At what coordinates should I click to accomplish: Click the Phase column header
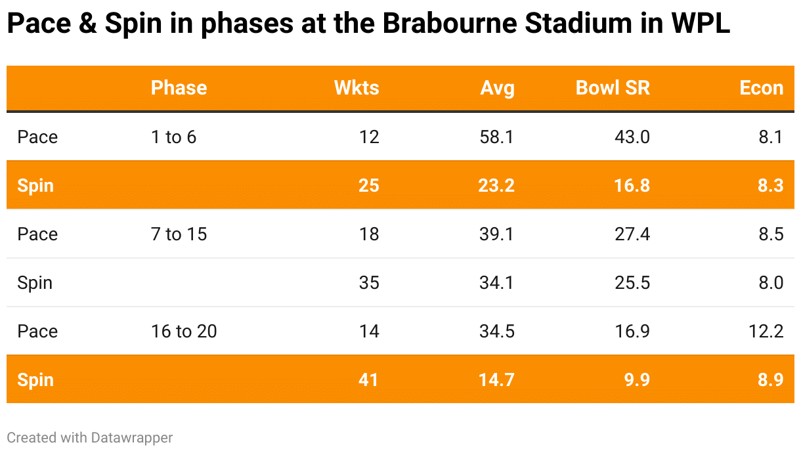[179, 88]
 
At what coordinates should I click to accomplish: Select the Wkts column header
[357, 88]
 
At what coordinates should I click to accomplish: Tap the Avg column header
[497, 88]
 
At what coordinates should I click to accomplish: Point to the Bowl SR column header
[613, 88]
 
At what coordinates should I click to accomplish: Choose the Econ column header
[761, 88]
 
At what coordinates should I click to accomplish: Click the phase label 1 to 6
[173, 137]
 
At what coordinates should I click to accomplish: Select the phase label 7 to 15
[179, 234]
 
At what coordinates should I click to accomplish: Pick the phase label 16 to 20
[184, 332]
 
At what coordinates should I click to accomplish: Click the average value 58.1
[497, 137]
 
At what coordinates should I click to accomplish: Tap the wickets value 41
[368, 380]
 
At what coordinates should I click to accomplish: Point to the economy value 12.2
[766, 332]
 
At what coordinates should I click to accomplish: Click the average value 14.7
[496, 380]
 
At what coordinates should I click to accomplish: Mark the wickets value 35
[369, 283]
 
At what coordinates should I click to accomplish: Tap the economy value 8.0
[770, 283]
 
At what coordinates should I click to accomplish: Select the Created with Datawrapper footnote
[90, 437]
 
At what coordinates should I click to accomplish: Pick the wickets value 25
[368, 186]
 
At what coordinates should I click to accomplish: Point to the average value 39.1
[497, 234]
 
